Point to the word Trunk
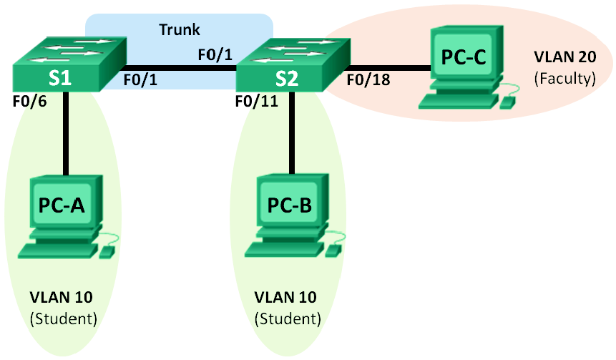click(180, 30)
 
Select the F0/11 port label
click(255, 102)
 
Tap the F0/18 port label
click(368, 79)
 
